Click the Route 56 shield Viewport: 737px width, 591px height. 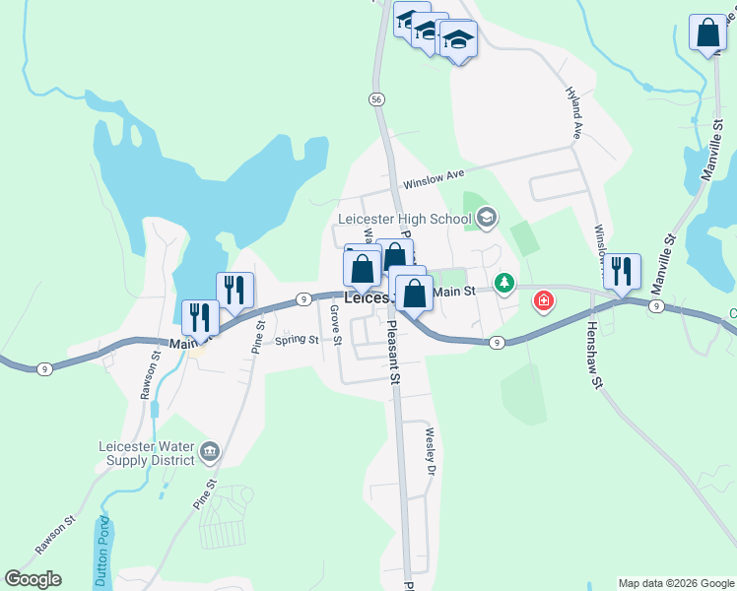pos(376,99)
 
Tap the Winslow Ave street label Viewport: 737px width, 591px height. pos(433,179)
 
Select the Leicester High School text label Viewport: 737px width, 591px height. pos(404,219)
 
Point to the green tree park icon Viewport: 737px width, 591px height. pos(504,285)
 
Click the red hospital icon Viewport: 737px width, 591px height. pos(543,300)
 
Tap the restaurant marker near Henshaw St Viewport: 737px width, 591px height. pos(622,271)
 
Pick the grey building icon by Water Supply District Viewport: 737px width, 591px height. pos(210,452)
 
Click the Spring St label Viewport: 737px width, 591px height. pos(297,341)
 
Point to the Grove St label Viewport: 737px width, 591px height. pos(335,325)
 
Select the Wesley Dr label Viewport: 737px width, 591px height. pos(430,451)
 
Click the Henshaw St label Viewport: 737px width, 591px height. pos(593,356)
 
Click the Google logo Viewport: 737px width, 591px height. pos(33,578)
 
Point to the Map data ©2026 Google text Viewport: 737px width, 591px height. pos(675,583)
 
